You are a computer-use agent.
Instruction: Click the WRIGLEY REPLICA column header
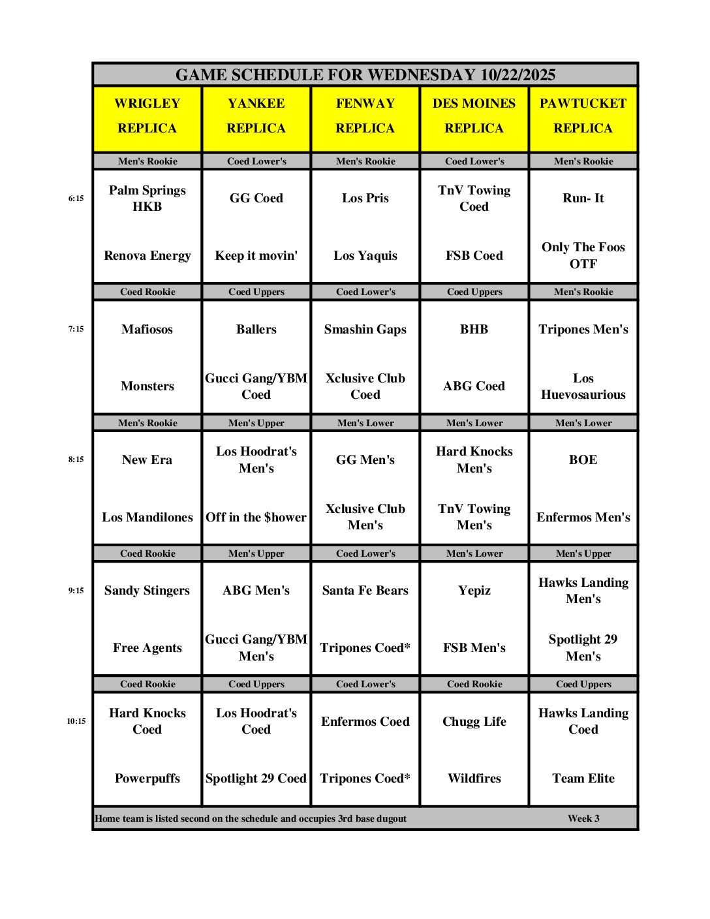(x=147, y=116)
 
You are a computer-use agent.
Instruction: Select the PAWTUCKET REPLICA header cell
(x=583, y=116)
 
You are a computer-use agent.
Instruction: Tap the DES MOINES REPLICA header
(x=474, y=116)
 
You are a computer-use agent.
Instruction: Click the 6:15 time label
(x=76, y=198)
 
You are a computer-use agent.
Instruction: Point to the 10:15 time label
(x=76, y=721)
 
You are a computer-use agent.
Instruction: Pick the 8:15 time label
(x=76, y=459)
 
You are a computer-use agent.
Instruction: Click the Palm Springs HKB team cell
(x=147, y=198)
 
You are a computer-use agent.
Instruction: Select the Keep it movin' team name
(x=256, y=256)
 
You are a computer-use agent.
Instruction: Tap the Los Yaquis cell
(x=365, y=256)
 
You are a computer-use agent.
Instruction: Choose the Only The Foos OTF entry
(x=583, y=256)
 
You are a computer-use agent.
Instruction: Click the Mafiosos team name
(x=147, y=330)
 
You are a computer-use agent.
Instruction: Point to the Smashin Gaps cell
(x=365, y=330)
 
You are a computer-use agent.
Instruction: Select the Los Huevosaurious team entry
(x=583, y=386)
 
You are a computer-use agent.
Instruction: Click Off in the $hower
(x=256, y=518)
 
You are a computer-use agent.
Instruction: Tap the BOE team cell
(x=583, y=460)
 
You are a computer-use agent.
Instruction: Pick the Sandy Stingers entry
(x=147, y=591)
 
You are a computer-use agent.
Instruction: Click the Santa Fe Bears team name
(x=365, y=591)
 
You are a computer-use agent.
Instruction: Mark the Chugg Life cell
(x=474, y=722)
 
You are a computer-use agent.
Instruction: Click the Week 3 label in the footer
(x=583, y=818)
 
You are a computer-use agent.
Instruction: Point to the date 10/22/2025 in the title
(x=517, y=75)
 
